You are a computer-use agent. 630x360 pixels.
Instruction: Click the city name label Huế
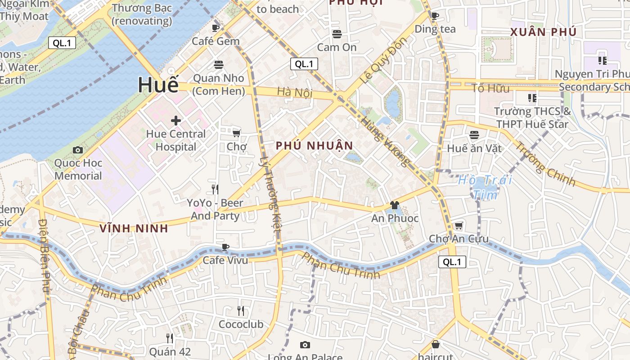(x=158, y=85)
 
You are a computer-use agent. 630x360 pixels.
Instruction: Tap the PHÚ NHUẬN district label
(x=315, y=146)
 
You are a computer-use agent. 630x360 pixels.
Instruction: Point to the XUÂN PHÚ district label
(x=543, y=32)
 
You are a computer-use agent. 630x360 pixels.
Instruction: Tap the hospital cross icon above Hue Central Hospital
(x=175, y=121)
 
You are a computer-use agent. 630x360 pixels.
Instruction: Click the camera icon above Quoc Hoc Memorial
(x=78, y=150)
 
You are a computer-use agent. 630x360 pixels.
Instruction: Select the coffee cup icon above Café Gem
(x=216, y=28)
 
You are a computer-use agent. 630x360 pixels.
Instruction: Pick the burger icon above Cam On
(x=337, y=34)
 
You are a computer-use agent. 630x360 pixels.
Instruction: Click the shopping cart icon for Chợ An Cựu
(x=459, y=225)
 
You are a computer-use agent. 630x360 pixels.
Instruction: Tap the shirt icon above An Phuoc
(x=395, y=205)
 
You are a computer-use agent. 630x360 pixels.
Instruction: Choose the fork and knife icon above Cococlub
(x=241, y=310)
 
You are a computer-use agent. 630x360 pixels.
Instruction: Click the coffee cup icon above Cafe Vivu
(x=225, y=247)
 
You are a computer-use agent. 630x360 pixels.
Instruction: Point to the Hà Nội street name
(x=294, y=92)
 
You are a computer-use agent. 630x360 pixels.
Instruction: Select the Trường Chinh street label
(x=544, y=164)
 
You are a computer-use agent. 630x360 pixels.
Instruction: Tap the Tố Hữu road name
(x=490, y=88)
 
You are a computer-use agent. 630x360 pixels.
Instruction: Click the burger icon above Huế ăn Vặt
(x=474, y=135)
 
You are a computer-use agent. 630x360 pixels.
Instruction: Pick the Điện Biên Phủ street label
(x=44, y=255)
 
